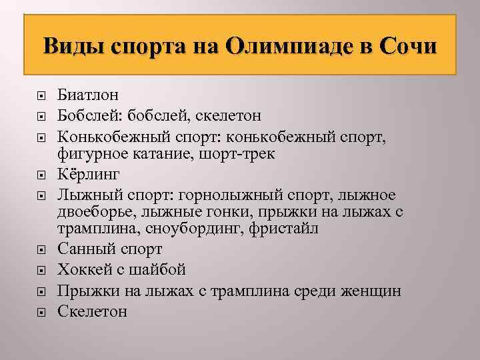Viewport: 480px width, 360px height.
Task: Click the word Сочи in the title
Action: [x=407, y=48]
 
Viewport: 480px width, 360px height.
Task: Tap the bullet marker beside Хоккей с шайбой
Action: [x=41, y=271]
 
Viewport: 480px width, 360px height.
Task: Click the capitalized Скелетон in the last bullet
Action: [x=92, y=311]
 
